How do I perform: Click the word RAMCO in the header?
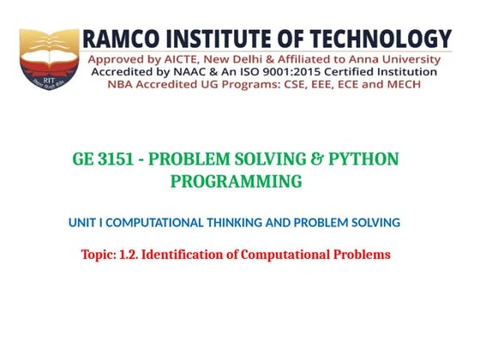point(119,40)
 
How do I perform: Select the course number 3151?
point(117,160)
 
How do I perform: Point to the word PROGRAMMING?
point(236,182)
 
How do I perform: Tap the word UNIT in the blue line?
point(81,223)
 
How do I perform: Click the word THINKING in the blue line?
point(232,223)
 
